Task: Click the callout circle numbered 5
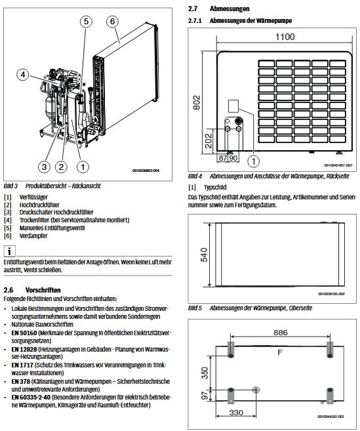pos(86,21)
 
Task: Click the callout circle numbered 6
pos(112,21)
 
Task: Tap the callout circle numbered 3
pos(45,166)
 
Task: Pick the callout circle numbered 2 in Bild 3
pos(61,166)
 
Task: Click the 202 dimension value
pos(207,140)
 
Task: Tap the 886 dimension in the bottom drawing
pos(280,333)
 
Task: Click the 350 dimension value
pos(205,371)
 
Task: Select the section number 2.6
pos(9,289)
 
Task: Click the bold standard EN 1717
pos(22,363)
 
